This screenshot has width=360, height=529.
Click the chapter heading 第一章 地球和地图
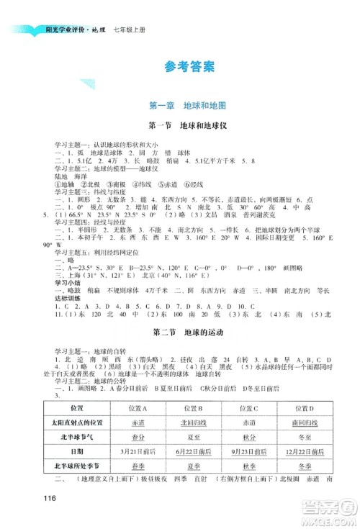point(181,106)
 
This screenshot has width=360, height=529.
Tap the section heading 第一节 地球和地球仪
point(181,125)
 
